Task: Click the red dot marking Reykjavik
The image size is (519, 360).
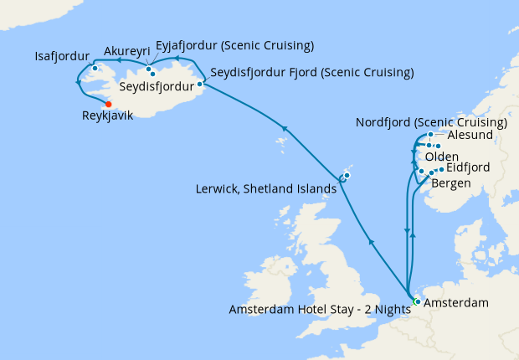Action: [108, 104]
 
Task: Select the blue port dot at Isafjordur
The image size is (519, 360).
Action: [95, 68]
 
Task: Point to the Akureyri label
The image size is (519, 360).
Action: [127, 50]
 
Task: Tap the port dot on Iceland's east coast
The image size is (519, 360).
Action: [199, 84]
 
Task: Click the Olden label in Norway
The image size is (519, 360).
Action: [441, 157]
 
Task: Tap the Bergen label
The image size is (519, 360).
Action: [453, 183]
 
